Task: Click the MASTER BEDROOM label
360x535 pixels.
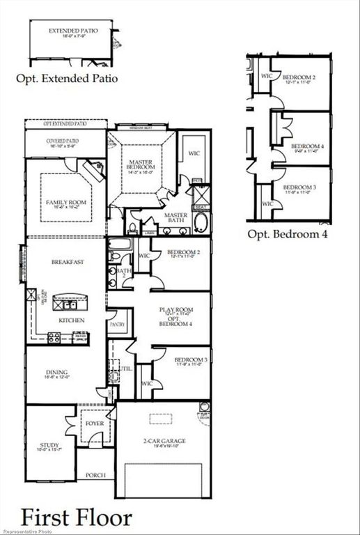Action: pos(140,164)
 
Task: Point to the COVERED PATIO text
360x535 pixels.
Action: pos(63,141)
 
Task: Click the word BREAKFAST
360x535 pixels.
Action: pos(68,262)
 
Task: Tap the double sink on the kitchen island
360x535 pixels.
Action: pos(70,304)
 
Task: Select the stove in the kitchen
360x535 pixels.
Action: pos(54,337)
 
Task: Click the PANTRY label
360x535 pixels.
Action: pos(116,325)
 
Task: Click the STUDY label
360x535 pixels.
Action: pos(49,445)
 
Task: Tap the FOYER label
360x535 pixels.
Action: pos(94,423)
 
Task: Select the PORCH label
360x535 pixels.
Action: pos(95,475)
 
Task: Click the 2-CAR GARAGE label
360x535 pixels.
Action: pos(164,441)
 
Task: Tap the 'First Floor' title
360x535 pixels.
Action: pos(76,517)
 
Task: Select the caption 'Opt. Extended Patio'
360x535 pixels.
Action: pos(67,79)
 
